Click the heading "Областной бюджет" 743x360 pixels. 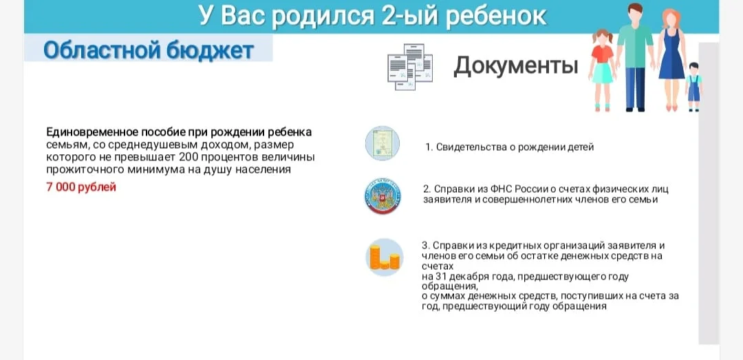coord(149,50)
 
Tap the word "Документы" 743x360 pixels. coord(515,67)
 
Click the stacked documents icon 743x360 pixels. coord(410,67)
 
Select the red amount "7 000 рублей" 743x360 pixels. coord(81,187)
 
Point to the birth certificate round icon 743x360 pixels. coord(383,143)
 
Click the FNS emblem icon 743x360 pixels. coord(383,196)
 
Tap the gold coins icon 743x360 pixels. coord(385,257)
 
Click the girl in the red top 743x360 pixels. coord(602,70)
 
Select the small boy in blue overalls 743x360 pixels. coord(693,87)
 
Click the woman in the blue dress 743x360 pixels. coord(671,60)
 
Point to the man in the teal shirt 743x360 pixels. coord(636,57)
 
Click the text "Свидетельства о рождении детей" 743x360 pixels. coord(515,147)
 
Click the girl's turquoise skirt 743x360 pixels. coord(602,74)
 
